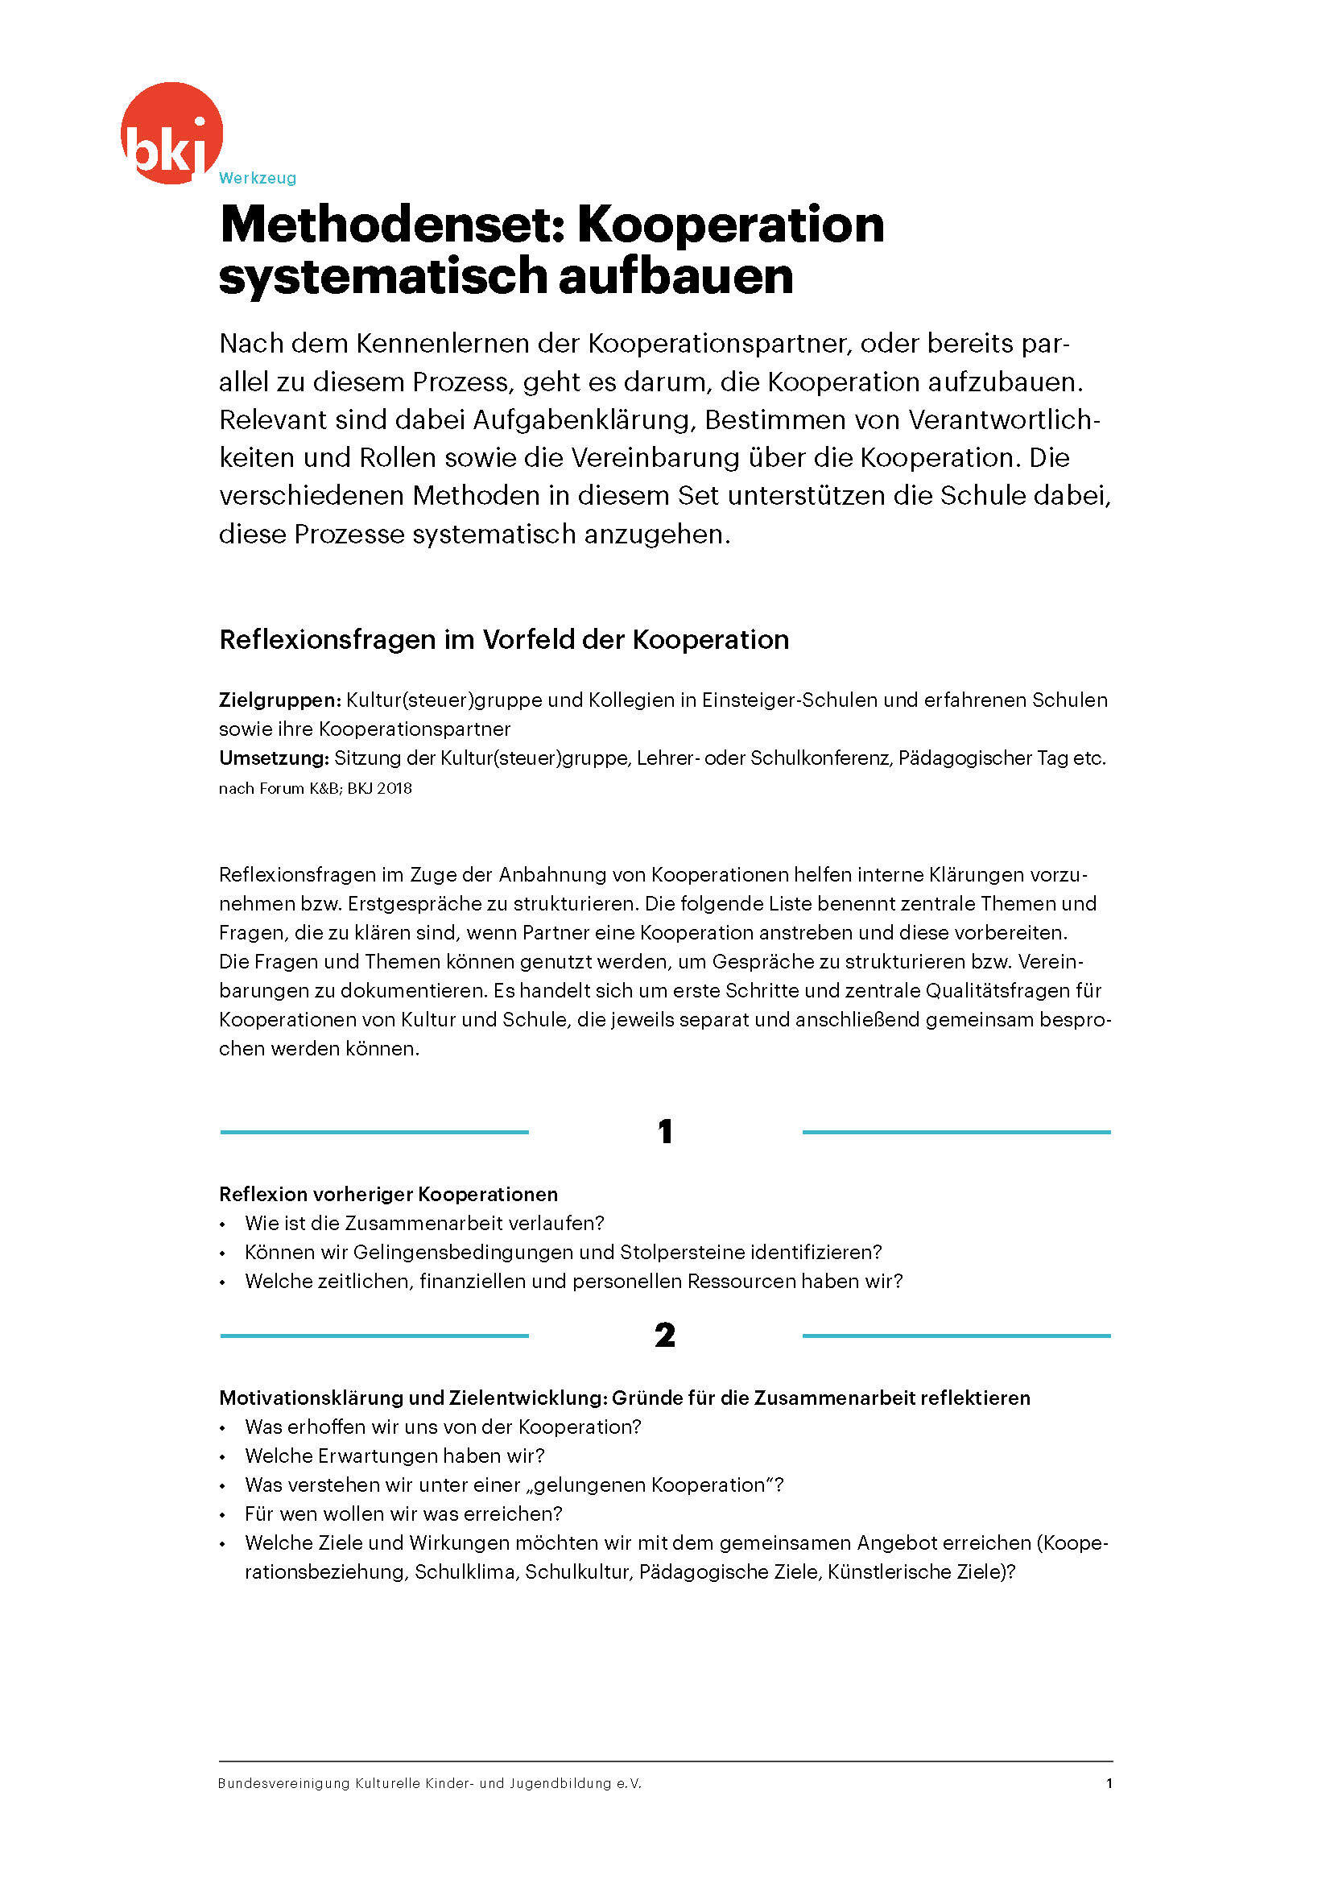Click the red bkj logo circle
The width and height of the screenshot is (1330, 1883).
pyautogui.click(x=171, y=131)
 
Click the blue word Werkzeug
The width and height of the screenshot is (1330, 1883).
pyautogui.click(x=258, y=178)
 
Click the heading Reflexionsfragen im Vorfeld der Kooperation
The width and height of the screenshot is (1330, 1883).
pyautogui.click(x=503, y=640)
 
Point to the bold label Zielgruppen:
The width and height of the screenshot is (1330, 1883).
pyautogui.click(x=279, y=700)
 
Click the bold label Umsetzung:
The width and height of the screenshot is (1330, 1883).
pyautogui.click(x=274, y=758)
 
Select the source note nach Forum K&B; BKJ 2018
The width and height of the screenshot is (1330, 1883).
pyautogui.click(x=315, y=789)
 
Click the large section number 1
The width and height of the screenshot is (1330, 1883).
pyautogui.click(x=665, y=1133)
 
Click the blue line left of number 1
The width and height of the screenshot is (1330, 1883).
pyautogui.click(x=374, y=1133)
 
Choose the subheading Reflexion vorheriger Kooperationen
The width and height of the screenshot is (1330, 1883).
pyautogui.click(x=388, y=1194)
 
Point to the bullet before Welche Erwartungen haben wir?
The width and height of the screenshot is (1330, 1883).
pyautogui.click(x=222, y=1457)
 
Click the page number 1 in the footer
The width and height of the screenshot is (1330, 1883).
pyautogui.click(x=1109, y=1783)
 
